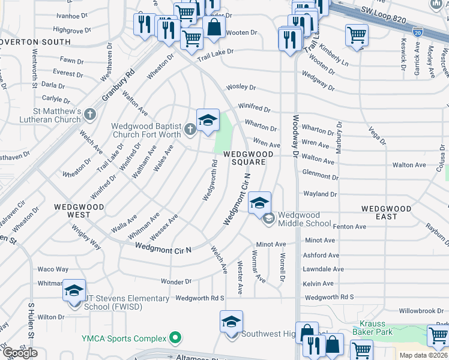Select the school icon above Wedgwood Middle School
(x=260, y=203)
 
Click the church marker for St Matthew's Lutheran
(x=90, y=113)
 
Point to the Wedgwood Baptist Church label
(x=146, y=130)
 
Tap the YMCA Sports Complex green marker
(x=175, y=338)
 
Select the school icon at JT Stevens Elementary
(x=74, y=290)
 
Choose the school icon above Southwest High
(x=232, y=322)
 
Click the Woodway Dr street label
(x=295, y=144)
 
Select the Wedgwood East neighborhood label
(x=386, y=212)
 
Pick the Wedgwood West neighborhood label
(x=79, y=210)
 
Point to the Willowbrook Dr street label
(x=423, y=311)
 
